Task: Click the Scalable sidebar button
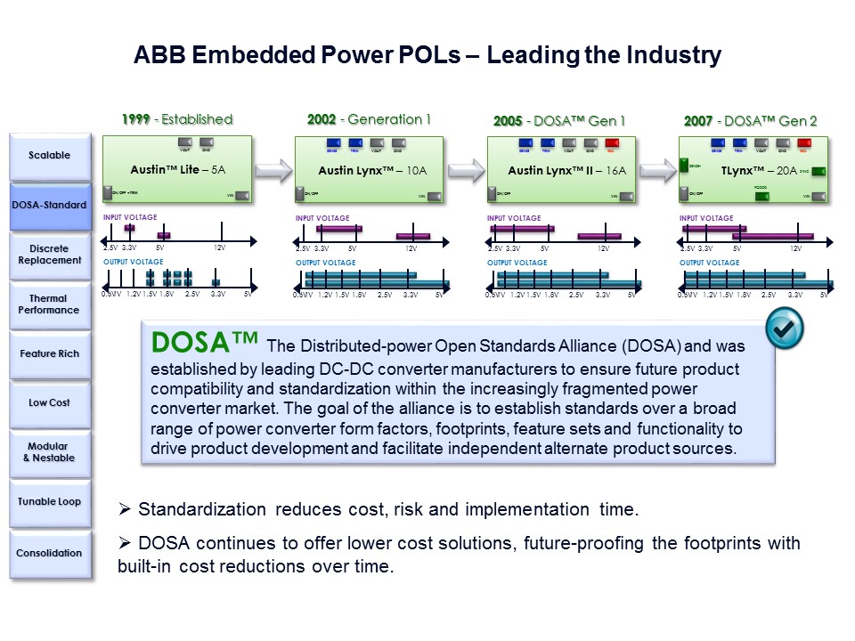coord(50,156)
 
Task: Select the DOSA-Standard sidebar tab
coord(50,206)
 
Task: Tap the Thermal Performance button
coord(50,304)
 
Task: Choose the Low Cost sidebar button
coord(50,403)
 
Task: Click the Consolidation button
coord(50,553)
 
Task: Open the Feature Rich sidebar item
coord(50,354)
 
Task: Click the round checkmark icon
coord(784,329)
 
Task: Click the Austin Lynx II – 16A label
coord(560,169)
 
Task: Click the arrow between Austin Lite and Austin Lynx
coord(273,169)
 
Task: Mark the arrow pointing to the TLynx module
coord(659,169)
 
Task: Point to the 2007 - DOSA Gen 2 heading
coord(750,121)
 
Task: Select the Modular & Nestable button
coord(50,452)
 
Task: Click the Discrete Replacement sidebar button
coord(50,255)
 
